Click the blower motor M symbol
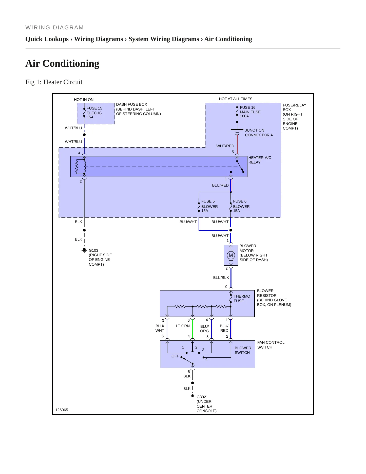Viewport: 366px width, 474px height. click(231, 255)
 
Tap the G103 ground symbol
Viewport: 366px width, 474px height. click(84, 250)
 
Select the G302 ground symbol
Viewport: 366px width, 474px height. click(192, 397)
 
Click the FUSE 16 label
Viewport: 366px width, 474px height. click(247, 107)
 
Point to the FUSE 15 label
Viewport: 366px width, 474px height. click(94, 108)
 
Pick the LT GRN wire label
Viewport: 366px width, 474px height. click(183, 326)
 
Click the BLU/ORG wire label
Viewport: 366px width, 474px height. click(204, 329)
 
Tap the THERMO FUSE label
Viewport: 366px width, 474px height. click(242, 299)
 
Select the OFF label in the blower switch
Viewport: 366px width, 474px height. click(175, 356)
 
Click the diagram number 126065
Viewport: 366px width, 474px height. click(62, 410)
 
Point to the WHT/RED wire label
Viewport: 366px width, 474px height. click(225, 146)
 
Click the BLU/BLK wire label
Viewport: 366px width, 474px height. click(221, 278)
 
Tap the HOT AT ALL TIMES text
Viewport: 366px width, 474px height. click(236, 99)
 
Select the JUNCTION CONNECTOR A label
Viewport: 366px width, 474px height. click(259, 133)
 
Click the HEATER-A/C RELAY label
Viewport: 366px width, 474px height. click(260, 160)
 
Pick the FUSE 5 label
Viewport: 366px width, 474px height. click(208, 201)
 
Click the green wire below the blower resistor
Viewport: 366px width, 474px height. click(192, 329)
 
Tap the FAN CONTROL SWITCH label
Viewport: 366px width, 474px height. click(271, 345)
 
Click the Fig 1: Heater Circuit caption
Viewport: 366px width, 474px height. click(54, 82)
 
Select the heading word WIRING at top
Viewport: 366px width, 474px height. click(38, 28)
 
